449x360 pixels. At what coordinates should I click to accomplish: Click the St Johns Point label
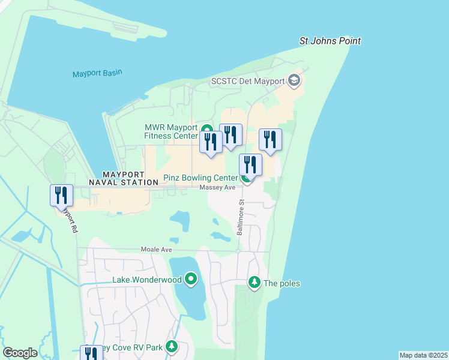[330, 41]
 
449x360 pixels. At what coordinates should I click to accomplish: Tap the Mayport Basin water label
[97, 73]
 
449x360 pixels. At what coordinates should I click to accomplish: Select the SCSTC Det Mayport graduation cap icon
[294, 80]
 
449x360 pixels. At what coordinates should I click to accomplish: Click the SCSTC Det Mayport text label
[247, 81]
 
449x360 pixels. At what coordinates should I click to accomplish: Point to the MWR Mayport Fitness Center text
[170, 131]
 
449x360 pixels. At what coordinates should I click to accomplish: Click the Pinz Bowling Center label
[200, 178]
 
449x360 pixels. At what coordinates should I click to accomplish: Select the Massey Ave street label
[217, 188]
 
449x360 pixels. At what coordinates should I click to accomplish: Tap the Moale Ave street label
[156, 249]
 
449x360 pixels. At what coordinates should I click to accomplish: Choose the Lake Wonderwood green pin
[191, 278]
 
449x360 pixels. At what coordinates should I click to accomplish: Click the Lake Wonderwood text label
[147, 280]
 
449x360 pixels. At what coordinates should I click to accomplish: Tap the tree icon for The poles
[254, 283]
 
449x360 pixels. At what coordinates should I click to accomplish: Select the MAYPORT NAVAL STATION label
[124, 178]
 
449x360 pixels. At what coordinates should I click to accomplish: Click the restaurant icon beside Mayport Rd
[61, 196]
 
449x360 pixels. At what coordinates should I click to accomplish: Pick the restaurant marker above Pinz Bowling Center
[250, 164]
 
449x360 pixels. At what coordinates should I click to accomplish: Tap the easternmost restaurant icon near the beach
[270, 140]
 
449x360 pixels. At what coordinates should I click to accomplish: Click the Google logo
[20, 353]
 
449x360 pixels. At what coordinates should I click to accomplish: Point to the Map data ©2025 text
[423, 355]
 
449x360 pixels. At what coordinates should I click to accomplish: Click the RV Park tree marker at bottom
[172, 347]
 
